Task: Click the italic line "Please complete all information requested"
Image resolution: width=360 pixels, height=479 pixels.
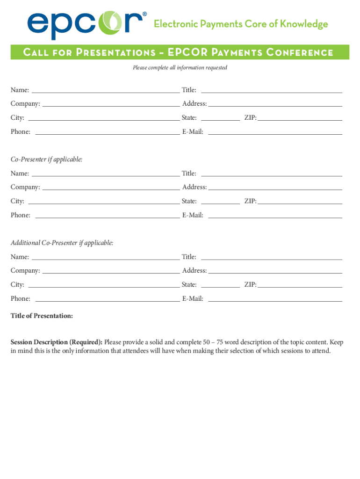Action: point(180,68)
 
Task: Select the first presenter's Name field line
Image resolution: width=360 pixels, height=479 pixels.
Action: point(106,92)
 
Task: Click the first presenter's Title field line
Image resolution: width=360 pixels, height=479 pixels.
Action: point(271,92)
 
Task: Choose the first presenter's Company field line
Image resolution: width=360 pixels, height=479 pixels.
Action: point(111,106)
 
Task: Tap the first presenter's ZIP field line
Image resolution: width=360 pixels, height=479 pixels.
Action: point(300,120)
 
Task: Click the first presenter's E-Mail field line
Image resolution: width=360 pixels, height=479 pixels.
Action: point(275,134)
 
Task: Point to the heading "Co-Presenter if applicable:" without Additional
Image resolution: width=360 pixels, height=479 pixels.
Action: point(47,160)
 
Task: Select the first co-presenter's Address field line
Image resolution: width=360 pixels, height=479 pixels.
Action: point(275,189)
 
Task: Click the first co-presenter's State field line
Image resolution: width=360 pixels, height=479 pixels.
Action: point(220,203)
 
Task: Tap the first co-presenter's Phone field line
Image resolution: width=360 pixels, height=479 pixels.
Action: point(108,218)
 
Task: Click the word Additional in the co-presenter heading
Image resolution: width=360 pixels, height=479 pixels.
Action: point(25,243)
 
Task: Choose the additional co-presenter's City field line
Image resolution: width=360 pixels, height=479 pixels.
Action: point(104,287)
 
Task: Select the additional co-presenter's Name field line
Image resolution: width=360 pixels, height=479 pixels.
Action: point(106,259)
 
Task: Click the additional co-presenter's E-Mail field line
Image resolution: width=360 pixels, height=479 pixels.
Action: point(275,301)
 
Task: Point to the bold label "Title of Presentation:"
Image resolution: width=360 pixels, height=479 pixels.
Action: point(42,316)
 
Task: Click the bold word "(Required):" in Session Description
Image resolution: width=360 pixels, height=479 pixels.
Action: point(86,342)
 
